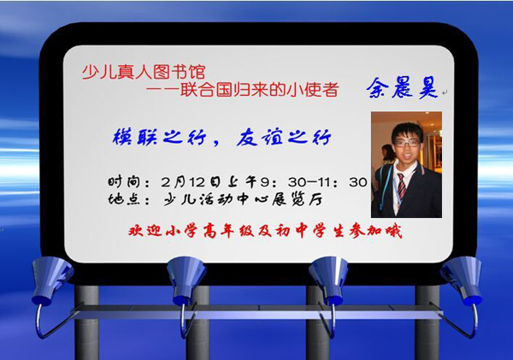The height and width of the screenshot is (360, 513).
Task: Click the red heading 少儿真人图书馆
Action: pos(144,72)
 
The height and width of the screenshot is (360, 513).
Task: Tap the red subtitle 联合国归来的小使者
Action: pos(259,89)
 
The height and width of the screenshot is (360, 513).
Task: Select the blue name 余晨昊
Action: pos(402,88)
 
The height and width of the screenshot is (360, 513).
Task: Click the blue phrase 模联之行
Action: pos(159,137)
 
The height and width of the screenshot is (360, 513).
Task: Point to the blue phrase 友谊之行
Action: pos(284,137)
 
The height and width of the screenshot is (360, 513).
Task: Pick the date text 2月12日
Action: pos(191,182)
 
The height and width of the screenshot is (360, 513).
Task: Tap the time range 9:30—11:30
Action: pos(314,182)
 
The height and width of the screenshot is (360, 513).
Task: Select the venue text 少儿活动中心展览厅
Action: pos(243,199)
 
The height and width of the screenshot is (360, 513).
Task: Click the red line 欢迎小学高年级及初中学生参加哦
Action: pos(265,231)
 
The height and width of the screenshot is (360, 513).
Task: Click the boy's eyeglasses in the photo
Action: pos(407,143)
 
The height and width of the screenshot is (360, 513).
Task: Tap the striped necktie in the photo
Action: pos(401,186)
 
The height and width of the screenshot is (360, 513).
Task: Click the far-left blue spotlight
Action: pos(51,280)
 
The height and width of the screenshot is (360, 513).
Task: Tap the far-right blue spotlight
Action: pos(462,280)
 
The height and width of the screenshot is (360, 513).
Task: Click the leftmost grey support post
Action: pos(86,322)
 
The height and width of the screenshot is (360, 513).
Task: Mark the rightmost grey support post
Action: pos(427,322)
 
